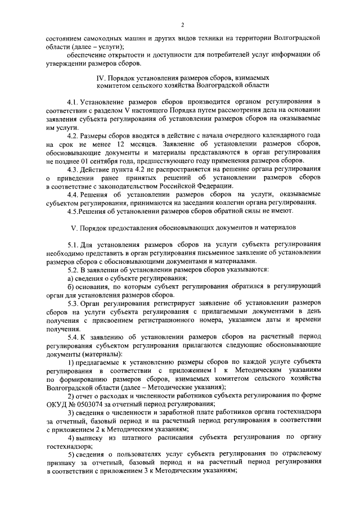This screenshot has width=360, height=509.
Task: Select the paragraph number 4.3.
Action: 72,169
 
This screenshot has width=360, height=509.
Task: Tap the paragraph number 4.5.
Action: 72,210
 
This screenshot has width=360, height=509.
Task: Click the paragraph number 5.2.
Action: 72,270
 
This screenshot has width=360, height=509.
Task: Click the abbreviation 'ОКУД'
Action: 57,404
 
